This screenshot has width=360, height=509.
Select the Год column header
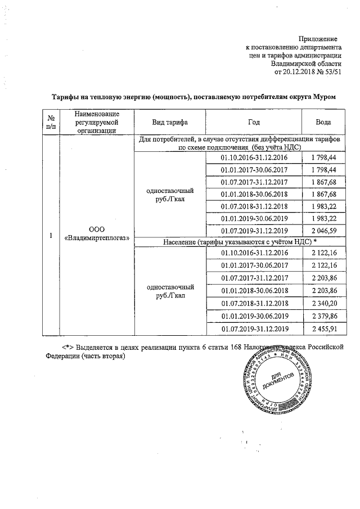[254, 122]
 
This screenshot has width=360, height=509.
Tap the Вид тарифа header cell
[170, 122]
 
